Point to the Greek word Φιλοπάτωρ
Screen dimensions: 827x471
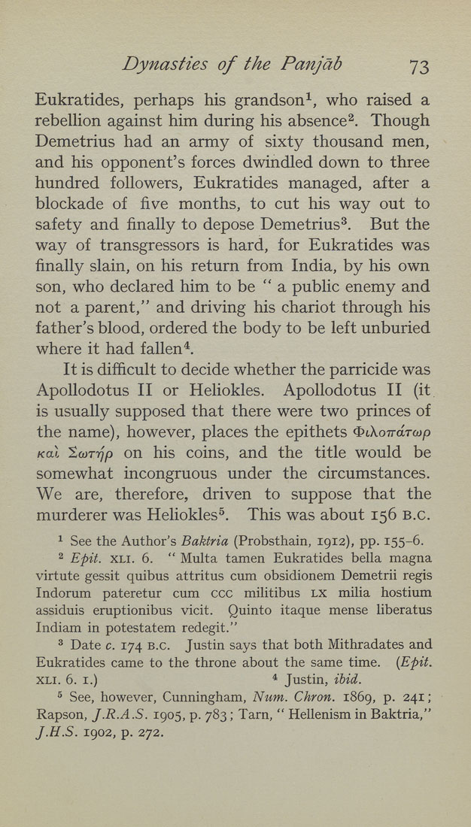tap(389, 432)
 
